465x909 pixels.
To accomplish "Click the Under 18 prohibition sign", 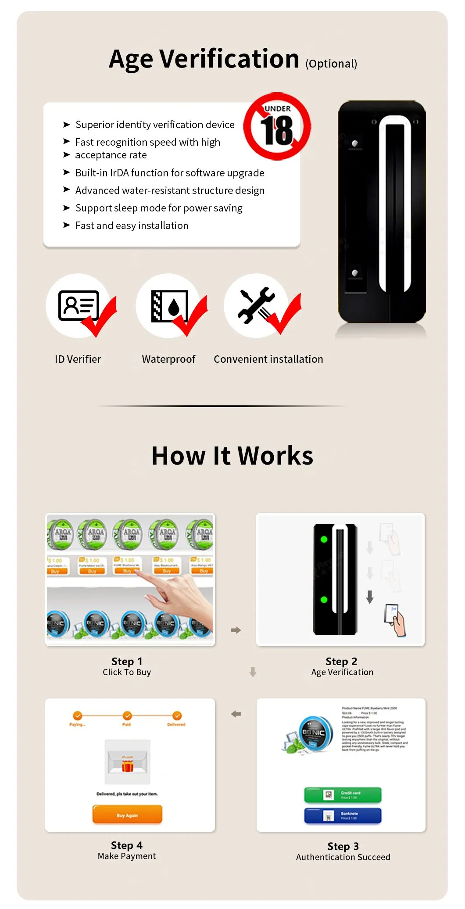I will (277, 126).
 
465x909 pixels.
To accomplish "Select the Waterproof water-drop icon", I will (169, 306).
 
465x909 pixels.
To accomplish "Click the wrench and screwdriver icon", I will (256, 305).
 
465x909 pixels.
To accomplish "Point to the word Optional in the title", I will (331, 64).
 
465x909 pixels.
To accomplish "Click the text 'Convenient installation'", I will (268, 359).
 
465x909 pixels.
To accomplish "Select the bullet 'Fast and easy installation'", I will (132, 225).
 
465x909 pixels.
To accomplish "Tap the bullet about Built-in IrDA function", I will (169, 173).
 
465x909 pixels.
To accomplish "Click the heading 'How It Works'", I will (232, 456).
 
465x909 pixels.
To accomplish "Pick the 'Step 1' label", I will (127, 661).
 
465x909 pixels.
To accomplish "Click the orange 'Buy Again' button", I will (127, 815).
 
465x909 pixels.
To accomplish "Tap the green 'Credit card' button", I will (343, 794).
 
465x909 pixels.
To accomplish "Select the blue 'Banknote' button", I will (343, 816).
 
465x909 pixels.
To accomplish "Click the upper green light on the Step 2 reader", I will (324, 540).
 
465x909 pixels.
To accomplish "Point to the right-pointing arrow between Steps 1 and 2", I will (236, 630).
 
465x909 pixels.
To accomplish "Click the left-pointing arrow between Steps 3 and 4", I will (236, 714).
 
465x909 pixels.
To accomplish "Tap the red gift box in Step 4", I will (128, 766).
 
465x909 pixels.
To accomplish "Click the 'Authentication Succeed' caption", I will (343, 857).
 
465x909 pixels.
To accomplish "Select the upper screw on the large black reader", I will (355, 143).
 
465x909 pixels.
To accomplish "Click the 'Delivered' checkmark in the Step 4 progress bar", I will (177, 716).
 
